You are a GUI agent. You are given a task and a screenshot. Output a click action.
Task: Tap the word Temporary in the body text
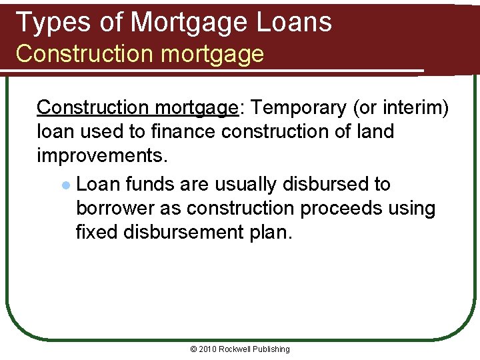coord(293,107)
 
